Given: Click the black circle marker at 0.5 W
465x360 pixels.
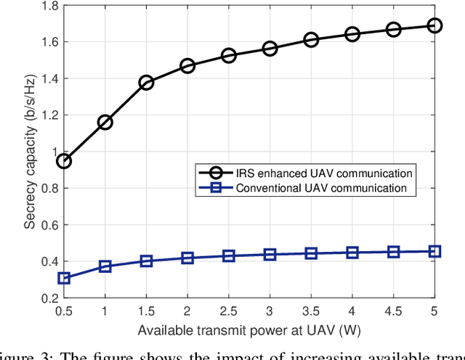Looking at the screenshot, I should [64, 161].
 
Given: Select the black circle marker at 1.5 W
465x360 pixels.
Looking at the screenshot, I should [146, 83].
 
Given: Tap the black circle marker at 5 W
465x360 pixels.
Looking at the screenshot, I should [434, 25].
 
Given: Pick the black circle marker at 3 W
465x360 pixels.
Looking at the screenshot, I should [270, 49].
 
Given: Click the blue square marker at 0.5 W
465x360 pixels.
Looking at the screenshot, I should [64, 278].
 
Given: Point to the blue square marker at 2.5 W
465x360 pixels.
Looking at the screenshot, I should [229, 256].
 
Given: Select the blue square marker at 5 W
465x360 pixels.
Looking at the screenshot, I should [434, 251].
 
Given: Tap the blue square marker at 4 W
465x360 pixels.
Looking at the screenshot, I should [352, 253].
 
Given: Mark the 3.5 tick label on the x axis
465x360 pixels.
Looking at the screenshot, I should [311, 311].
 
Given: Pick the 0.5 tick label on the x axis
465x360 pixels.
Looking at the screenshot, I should [64, 311].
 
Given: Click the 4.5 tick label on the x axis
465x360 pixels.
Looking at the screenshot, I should [393, 311].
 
